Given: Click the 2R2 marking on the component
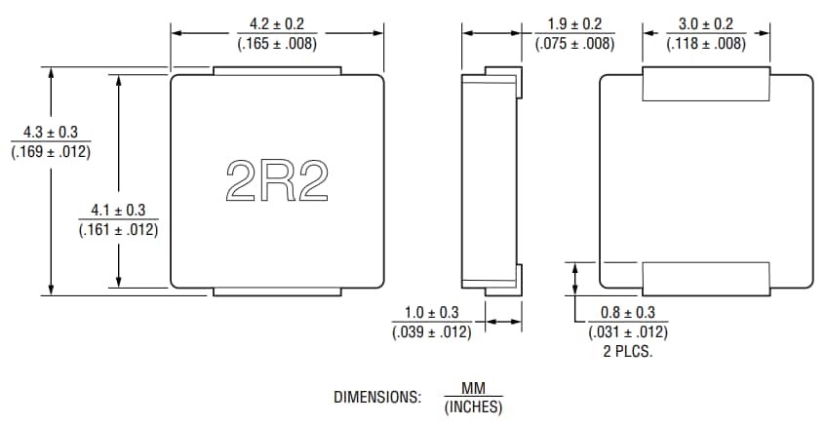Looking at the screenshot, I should [276, 180].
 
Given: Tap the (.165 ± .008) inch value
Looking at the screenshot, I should [278, 43].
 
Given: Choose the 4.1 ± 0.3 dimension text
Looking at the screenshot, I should [117, 211].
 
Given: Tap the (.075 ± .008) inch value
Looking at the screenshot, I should [574, 43].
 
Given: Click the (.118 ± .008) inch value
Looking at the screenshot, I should [706, 43].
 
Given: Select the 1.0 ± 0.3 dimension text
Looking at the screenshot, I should [431, 313].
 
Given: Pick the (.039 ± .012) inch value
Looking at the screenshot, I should [431, 331].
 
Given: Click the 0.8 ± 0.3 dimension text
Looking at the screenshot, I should [628, 313].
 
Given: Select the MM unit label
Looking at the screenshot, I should [473, 389].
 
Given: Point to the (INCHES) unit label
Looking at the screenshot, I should [473, 407].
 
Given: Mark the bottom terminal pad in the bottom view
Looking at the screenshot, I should [706, 277].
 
